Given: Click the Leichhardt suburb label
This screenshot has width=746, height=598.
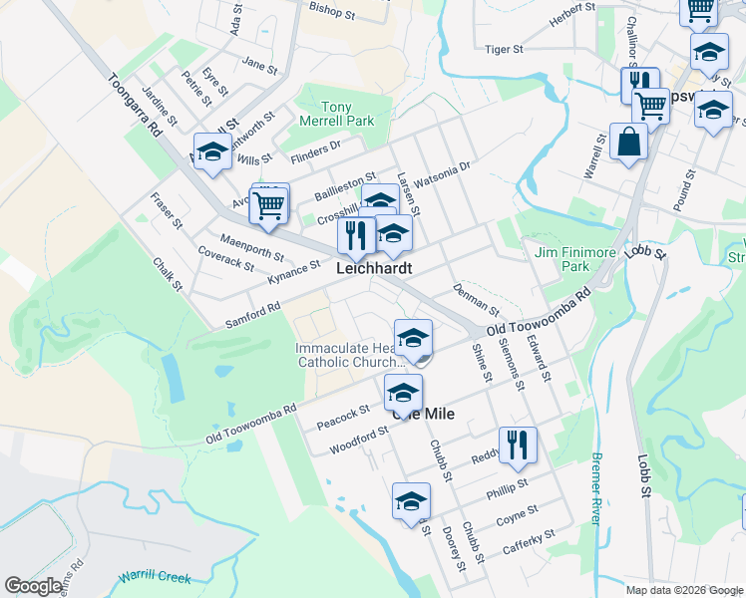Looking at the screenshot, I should [374, 269].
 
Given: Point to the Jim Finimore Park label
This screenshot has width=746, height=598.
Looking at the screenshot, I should [574, 259].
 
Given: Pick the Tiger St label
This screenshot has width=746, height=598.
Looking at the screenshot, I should [504, 49].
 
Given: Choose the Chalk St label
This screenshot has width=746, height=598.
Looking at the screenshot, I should [168, 274].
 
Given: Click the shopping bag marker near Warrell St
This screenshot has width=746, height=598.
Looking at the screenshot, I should [630, 143].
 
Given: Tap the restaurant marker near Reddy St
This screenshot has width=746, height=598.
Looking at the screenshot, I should [517, 445].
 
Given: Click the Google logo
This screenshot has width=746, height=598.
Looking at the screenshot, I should [33, 586].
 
